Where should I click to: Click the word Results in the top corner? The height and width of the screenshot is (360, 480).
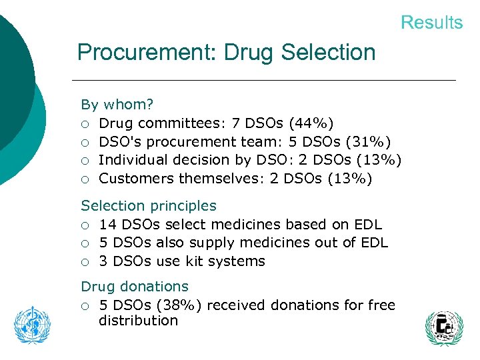pos(431,23)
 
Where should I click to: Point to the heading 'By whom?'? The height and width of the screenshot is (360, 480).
pos(117,105)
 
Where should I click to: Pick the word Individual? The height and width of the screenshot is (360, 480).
pos(134,160)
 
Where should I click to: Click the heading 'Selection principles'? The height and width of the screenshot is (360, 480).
pos(149,206)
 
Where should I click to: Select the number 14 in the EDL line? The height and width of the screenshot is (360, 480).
pos(107,225)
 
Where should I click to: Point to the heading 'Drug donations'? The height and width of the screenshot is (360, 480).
pos(135,287)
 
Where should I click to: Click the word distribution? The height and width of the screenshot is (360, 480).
pos(138,321)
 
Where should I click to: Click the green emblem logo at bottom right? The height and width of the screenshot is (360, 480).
pos(444,328)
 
